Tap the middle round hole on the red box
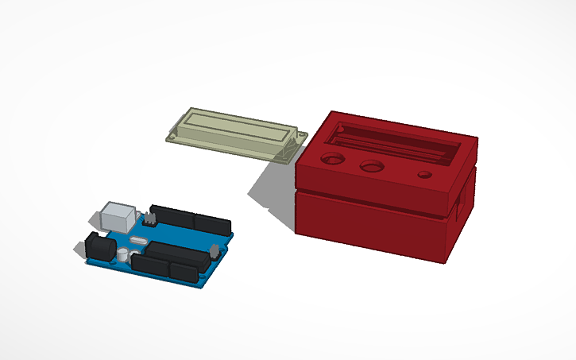[x=370, y=167]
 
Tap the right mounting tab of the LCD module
[x=300, y=138]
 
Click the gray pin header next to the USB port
[x=149, y=217]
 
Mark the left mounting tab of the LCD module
[x=172, y=136]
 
